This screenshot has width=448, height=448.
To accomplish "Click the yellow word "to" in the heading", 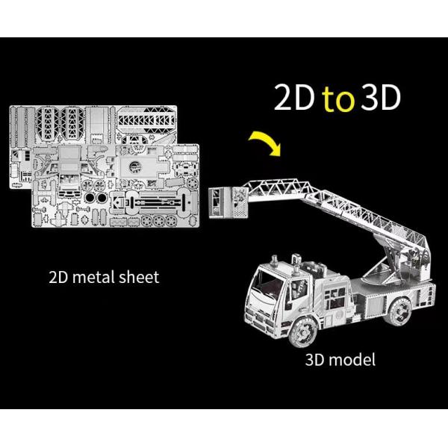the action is coord(338,99).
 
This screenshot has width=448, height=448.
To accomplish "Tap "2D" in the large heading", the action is coord(295,97).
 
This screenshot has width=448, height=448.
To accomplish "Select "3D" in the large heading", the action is coord(380,97).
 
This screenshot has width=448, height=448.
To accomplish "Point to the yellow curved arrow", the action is coord(265,143).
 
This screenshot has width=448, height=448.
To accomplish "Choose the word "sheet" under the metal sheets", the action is coord(139,277).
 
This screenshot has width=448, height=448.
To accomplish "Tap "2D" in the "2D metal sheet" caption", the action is coord(58,277).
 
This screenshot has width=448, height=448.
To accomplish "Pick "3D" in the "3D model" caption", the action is coord(315,360).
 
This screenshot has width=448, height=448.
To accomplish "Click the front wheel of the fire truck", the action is coord(303,331).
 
